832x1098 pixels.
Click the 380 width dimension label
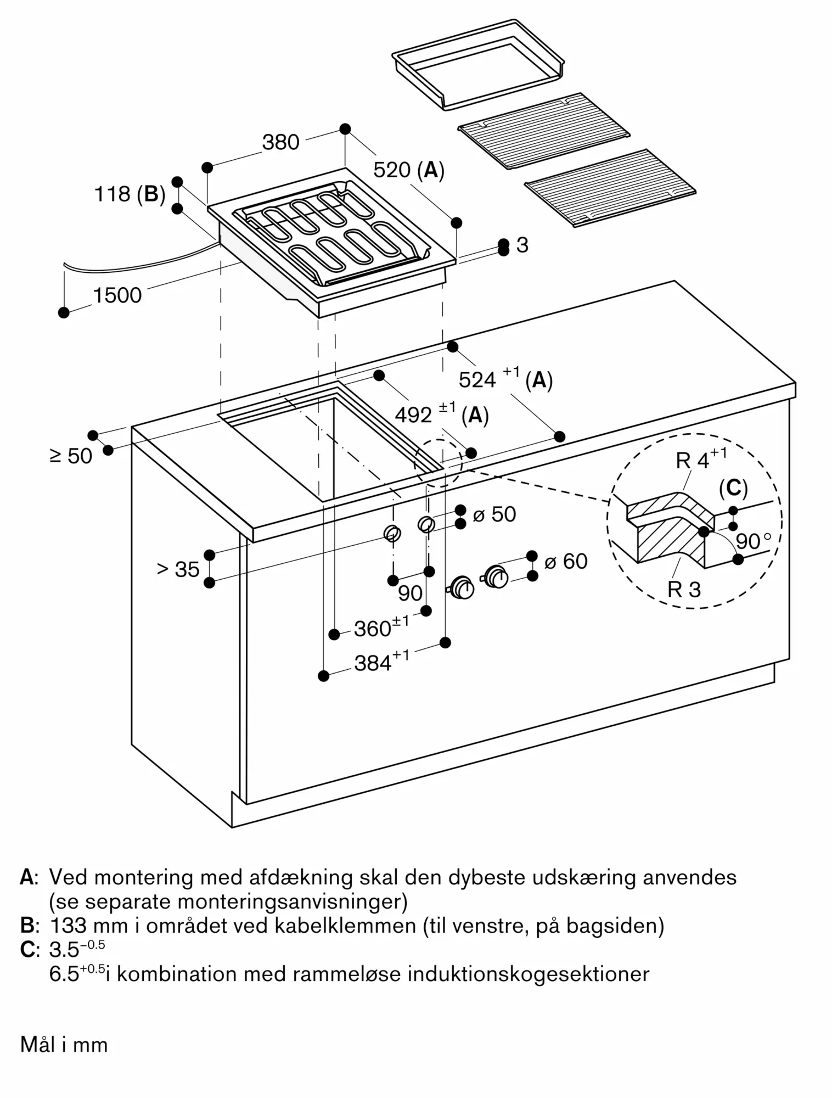click(280, 142)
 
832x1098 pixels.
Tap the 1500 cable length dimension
click(117, 295)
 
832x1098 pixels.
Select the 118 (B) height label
click(130, 194)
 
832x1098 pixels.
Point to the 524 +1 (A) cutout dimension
click(505, 379)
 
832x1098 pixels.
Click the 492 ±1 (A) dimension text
click(441, 414)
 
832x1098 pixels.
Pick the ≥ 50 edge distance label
click(71, 456)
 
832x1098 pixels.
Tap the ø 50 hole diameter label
click(494, 514)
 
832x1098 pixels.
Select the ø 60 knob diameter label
click(565, 561)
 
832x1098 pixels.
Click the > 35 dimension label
click(178, 569)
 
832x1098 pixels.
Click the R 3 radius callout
click(684, 589)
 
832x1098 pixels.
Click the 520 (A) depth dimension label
click(408, 170)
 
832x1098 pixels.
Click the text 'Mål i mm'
click(64, 1044)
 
